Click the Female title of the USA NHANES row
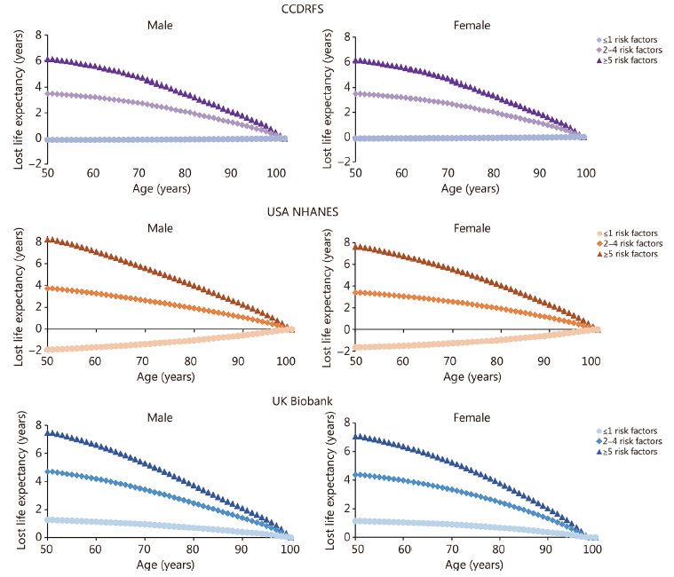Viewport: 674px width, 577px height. [472, 228]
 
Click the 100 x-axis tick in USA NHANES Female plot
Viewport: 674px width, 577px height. [585, 360]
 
